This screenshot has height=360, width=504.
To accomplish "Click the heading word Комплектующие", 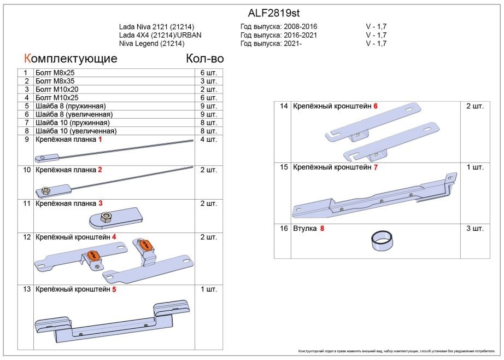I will click(x=70, y=59).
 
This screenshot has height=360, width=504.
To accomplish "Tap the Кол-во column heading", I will click(x=205, y=59).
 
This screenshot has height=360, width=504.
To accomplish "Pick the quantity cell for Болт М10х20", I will click(x=209, y=89).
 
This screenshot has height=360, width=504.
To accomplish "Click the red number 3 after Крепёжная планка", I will click(x=101, y=204).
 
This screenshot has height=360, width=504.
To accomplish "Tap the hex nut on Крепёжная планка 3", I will click(x=107, y=217).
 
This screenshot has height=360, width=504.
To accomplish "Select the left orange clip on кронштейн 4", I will click(x=93, y=255).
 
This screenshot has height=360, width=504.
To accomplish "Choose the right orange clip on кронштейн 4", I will click(x=145, y=245).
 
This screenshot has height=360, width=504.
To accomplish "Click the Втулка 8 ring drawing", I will click(x=382, y=240).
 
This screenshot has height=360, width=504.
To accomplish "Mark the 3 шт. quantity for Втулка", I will click(x=473, y=228).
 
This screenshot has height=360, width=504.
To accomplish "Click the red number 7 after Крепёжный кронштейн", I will click(x=376, y=167).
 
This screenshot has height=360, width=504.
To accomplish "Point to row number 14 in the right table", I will click(x=284, y=106).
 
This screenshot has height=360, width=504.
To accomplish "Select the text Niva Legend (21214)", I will click(x=151, y=44).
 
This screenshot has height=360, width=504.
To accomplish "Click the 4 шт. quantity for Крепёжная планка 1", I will click(x=209, y=140).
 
